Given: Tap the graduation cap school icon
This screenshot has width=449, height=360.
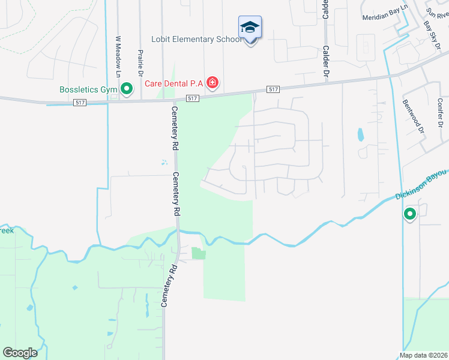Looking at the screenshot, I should point(250,28).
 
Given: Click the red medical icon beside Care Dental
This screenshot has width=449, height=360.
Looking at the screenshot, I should point(212,82).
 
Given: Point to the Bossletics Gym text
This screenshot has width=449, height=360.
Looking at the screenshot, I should point(88,90).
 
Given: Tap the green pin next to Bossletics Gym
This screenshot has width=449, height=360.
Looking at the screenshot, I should point(127,89).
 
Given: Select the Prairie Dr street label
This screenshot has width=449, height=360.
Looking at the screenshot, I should point(140,62).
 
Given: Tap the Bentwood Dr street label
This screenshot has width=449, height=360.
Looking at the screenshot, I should point(412,116).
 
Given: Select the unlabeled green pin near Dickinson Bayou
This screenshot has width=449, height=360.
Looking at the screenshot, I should point(410,214).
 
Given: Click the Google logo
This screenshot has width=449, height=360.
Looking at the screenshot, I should point(20,352).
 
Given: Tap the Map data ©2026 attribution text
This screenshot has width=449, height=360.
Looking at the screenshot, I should point(423,355).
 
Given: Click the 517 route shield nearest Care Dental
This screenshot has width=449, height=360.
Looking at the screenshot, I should point(192,98).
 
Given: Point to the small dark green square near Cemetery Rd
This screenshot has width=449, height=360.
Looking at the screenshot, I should point(198,254).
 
